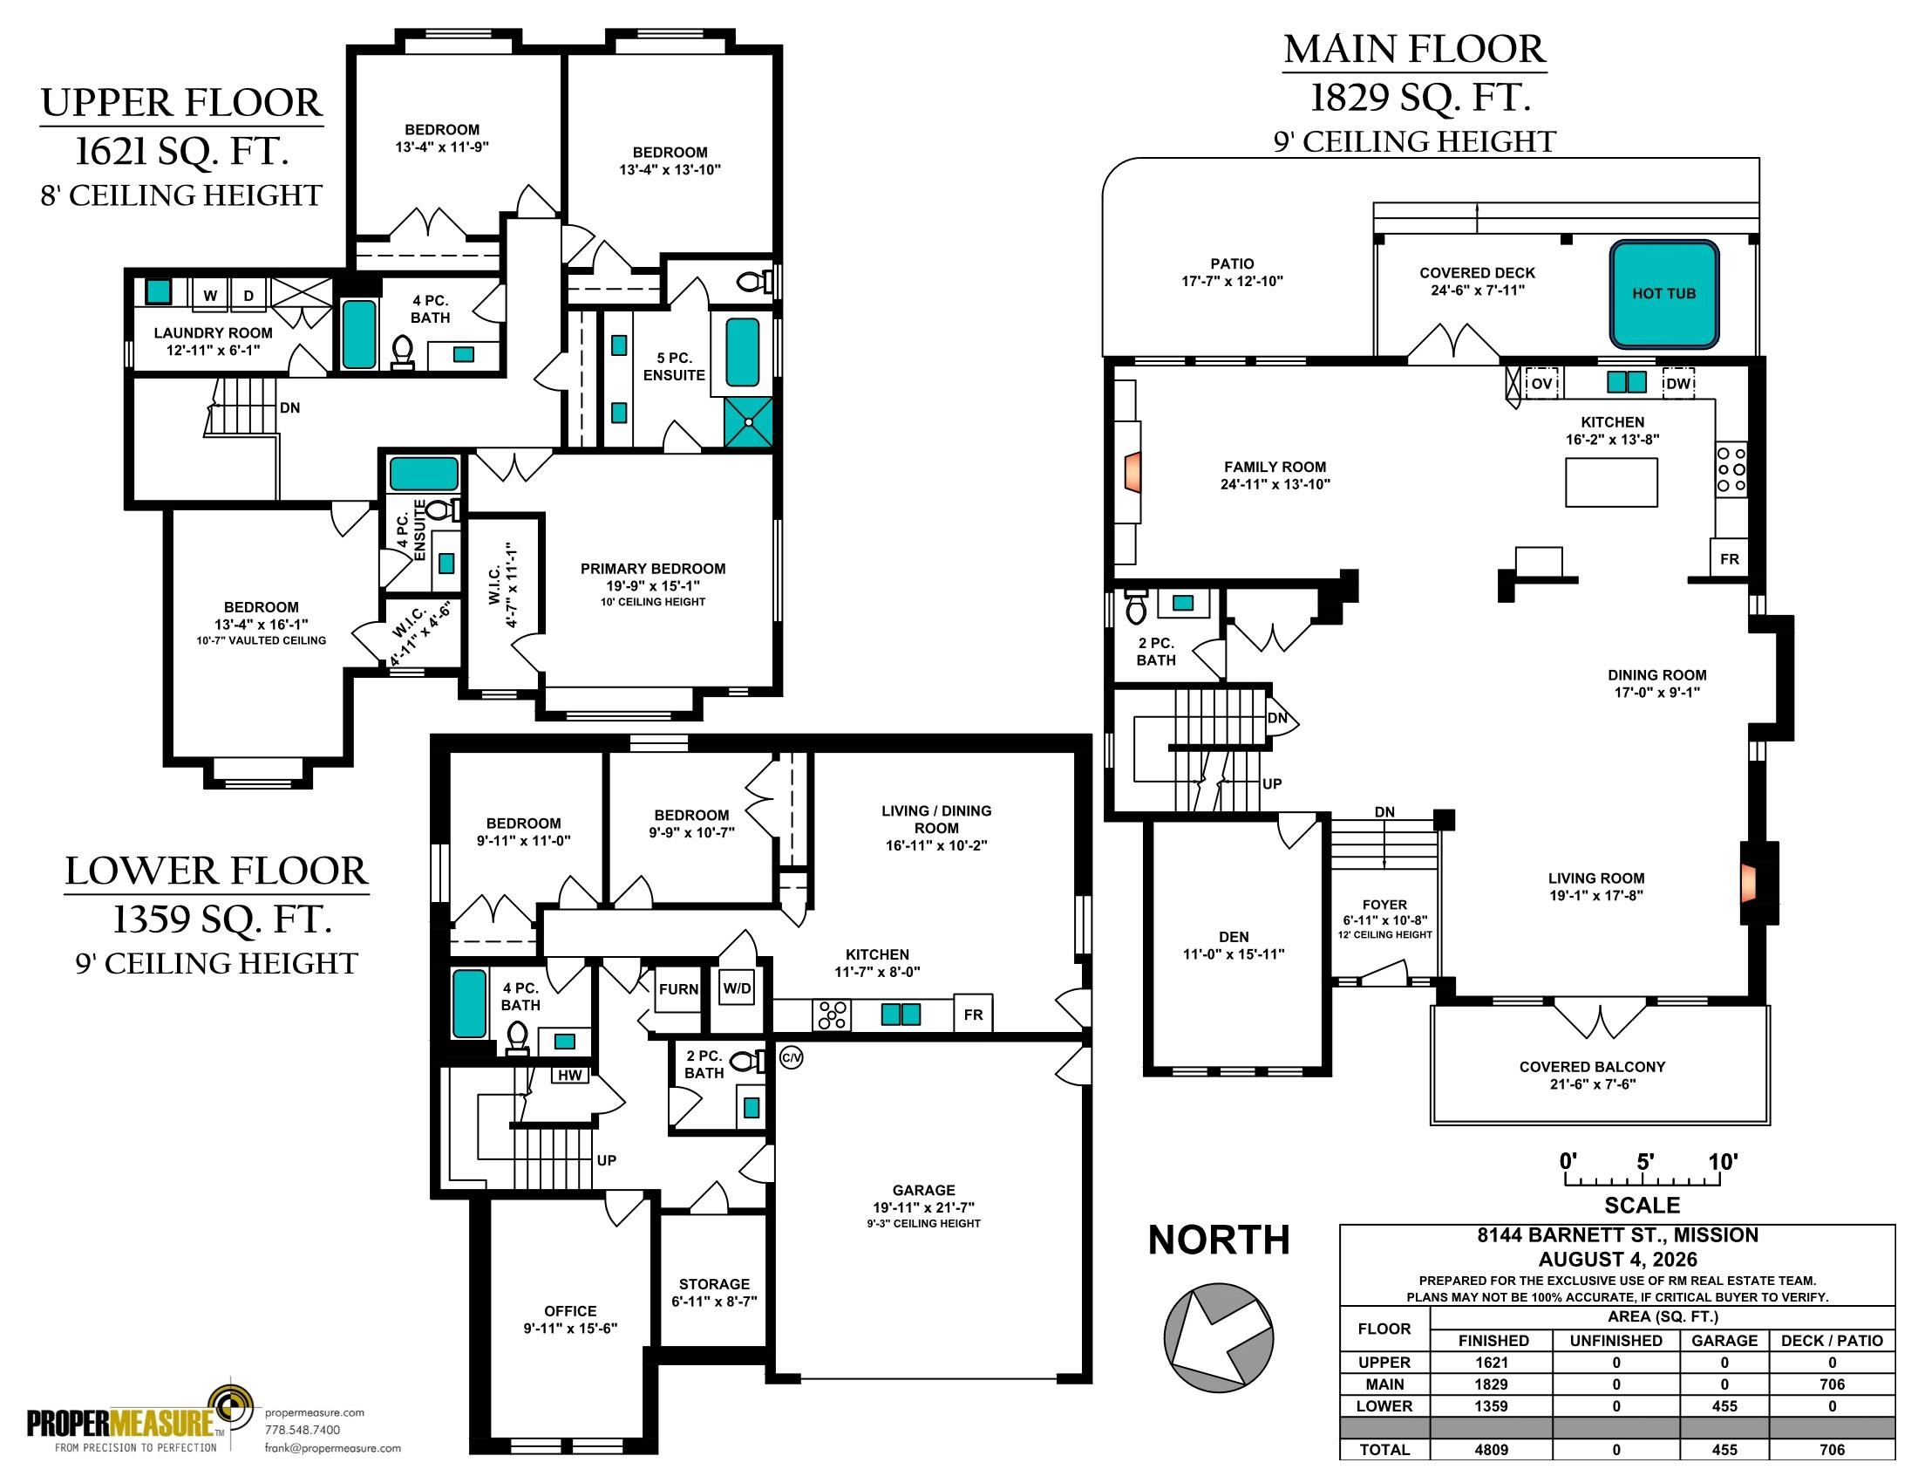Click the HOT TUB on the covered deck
click(x=1663, y=294)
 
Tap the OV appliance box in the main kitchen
click(x=1542, y=383)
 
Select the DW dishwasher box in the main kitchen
click(x=1678, y=383)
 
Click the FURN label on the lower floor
click(x=678, y=989)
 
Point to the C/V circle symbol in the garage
click(x=792, y=1058)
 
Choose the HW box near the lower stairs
click(x=569, y=1075)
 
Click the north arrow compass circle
click(x=1219, y=1339)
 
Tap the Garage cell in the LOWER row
click(x=1724, y=1405)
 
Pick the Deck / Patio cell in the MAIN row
click(x=1832, y=1384)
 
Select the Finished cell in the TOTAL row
click(x=1491, y=1450)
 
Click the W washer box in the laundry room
click(x=210, y=295)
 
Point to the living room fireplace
click(x=1751, y=881)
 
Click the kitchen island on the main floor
click(x=1611, y=482)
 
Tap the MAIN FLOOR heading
click(x=1415, y=49)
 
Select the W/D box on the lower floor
click(x=737, y=988)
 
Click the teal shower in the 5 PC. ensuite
click(x=748, y=422)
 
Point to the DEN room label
click(x=1234, y=937)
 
